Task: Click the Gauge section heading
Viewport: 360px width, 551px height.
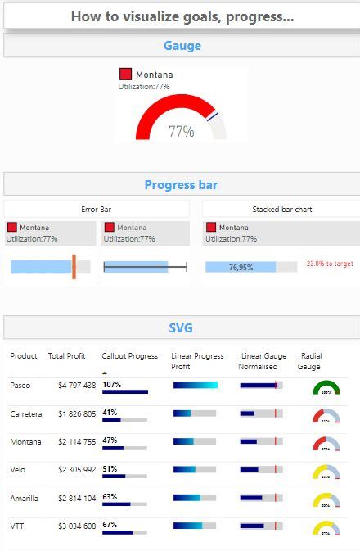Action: coord(182,47)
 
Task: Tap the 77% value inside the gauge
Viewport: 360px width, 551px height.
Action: coord(182,131)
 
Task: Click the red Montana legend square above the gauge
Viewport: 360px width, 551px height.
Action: coord(125,75)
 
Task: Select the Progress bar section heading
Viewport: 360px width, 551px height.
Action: coord(181,185)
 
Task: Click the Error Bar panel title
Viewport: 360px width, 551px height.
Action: coord(97,210)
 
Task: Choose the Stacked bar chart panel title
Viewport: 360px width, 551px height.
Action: coord(281,210)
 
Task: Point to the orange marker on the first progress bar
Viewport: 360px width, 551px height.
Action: coord(74,266)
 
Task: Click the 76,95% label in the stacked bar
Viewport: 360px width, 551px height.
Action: coord(241,267)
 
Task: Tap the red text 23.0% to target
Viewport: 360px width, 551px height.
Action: coord(330,264)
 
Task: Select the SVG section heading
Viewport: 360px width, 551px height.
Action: coord(181,327)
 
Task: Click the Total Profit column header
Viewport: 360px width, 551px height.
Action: coord(67,356)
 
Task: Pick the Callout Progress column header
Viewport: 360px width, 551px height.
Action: coord(129,356)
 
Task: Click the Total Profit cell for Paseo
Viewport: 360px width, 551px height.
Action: coord(77,386)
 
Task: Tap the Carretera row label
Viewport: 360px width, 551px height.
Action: coord(25,413)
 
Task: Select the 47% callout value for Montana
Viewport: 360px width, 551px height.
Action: coord(110,440)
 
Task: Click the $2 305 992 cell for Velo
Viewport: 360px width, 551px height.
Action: coord(77,470)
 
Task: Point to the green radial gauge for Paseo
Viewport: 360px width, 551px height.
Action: coord(326,388)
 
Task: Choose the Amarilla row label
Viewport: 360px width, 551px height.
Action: coord(24,497)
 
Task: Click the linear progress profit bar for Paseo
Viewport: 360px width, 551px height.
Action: coord(196,385)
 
